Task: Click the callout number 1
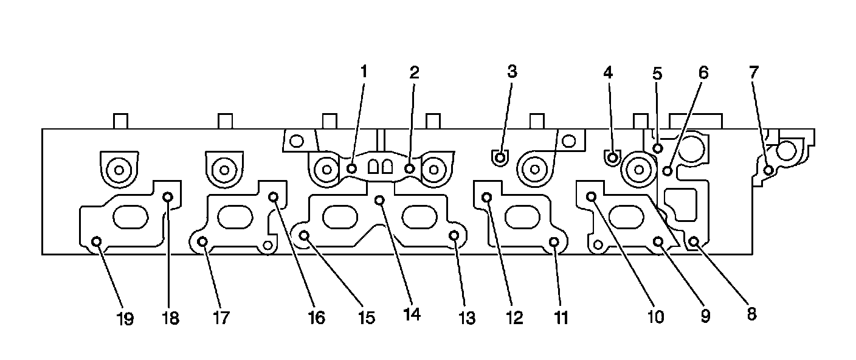(364, 72)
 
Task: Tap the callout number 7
(754, 72)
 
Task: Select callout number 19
(126, 319)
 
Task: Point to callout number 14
(412, 316)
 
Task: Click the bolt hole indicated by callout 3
(500, 158)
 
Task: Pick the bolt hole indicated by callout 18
(168, 196)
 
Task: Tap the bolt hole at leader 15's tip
(305, 235)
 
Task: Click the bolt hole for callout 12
(487, 196)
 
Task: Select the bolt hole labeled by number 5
(658, 148)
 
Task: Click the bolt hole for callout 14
(379, 199)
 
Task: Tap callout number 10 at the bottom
(655, 317)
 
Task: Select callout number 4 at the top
(608, 72)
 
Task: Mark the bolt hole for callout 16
(273, 196)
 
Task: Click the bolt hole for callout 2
(410, 168)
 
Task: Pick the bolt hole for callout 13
(454, 235)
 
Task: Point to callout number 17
(221, 319)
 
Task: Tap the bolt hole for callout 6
(668, 170)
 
